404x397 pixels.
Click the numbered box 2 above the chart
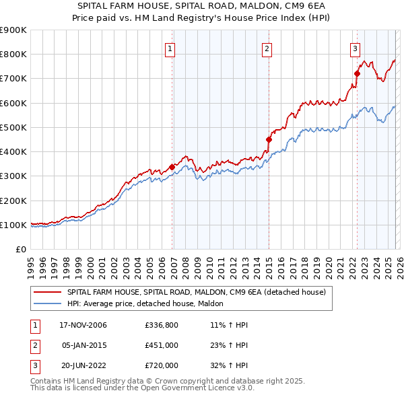point(267,48)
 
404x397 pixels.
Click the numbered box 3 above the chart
point(354,48)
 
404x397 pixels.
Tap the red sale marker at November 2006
point(172,167)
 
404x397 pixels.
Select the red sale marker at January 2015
point(269,139)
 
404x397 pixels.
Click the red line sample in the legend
point(48,292)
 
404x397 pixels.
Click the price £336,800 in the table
point(161,325)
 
